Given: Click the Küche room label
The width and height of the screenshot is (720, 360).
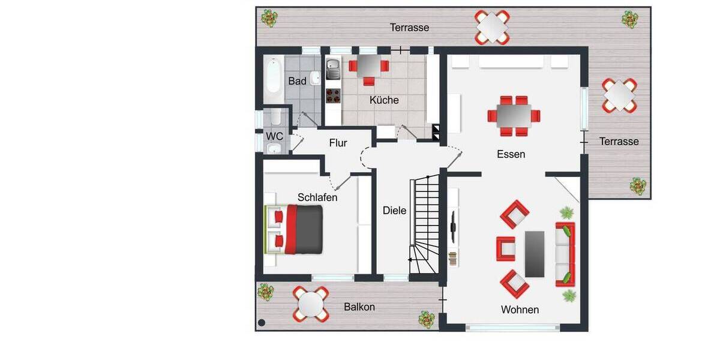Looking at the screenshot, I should (x=384, y=100).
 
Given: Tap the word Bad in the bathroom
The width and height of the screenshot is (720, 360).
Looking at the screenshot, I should (x=297, y=81).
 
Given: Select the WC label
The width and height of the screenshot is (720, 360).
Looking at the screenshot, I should (x=275, y=136).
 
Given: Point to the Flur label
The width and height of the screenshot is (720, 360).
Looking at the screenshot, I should (x=338, y=143).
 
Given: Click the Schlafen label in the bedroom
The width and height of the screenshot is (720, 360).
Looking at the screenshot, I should (x=317, y=197).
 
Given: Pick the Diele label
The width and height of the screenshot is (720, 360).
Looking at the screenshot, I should (x=394, y=211).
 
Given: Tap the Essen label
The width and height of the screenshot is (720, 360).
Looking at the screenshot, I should (x=511, y=154).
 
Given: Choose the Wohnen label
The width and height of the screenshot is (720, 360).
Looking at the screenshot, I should (x=520, y=310).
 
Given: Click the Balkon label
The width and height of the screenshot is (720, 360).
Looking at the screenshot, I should (x=359, y=307).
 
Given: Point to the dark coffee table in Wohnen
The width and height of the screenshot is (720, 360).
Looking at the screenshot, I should (x=535, y=254).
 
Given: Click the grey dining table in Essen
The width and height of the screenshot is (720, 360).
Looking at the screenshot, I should (x=513, y=115).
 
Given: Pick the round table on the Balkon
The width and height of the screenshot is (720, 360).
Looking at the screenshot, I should (x=310, y=304).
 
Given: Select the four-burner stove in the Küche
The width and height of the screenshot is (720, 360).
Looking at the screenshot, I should (x=332, y=95).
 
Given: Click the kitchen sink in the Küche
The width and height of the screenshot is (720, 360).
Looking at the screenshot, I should (x=332, y=70).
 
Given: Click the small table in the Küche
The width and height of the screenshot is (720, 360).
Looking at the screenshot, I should (x=368, y=64).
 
